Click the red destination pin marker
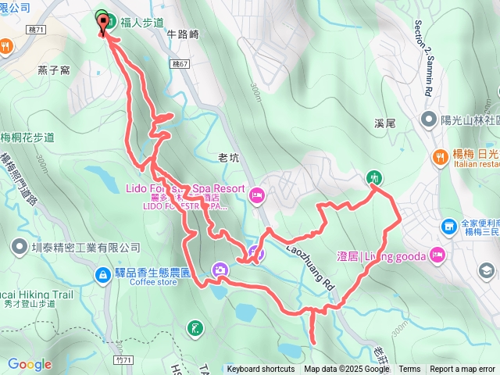click(103, 23)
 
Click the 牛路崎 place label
click(184, 34)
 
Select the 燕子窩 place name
click(54, 70)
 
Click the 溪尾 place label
click(386, 123)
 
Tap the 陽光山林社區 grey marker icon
click(428, 120)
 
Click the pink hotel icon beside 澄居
click(437, 255)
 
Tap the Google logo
click(29, 364)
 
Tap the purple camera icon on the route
click(221, 270)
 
